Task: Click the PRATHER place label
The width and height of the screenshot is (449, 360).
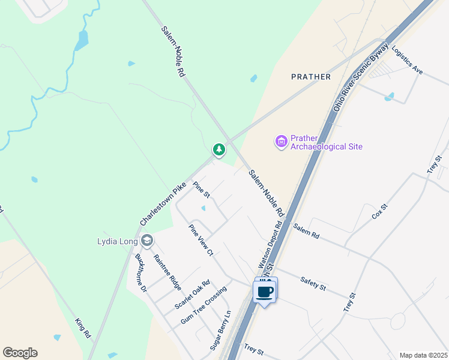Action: point(310,77)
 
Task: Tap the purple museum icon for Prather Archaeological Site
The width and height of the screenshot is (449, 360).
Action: point(281,142)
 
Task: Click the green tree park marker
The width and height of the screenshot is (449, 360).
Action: point(219,149)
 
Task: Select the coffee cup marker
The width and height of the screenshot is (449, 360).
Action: point(265,292)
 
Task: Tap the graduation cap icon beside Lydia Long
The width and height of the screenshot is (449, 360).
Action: point(146,241)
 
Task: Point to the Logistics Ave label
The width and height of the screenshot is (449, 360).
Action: point(408,61)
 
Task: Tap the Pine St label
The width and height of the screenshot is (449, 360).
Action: point(201,190)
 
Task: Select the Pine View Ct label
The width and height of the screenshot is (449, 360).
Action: point(201,240)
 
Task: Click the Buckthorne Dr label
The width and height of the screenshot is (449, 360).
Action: point(141,272)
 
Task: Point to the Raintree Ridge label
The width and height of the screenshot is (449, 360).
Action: point(167,272)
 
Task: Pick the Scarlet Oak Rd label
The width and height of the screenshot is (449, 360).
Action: point(192,294)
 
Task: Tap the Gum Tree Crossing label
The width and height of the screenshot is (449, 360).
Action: point(203,306)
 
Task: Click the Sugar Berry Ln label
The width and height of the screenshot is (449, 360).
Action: point(220,331)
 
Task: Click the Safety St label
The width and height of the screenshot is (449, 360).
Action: point(313,284)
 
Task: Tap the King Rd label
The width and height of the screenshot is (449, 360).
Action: point(82,327)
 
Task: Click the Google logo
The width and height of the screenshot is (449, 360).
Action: point(20,353)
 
